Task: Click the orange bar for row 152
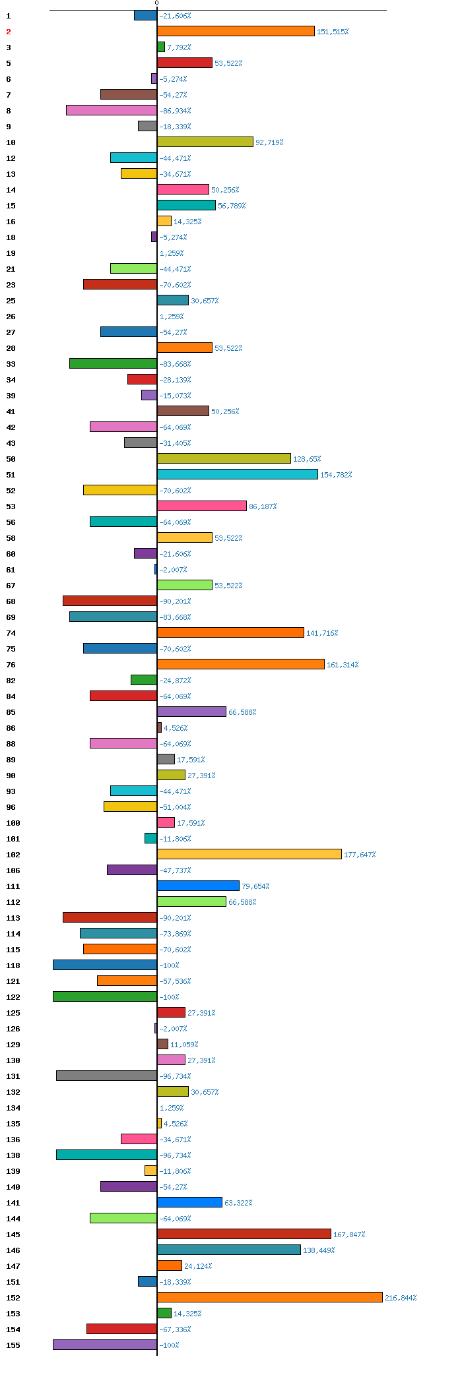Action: point(270,1297)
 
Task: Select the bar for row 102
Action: point(249,854)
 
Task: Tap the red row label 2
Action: point(9,32)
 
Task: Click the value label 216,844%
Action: point(401,1298)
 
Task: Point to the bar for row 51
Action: point(238,474)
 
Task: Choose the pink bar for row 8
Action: point(112,110)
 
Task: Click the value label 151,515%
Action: point(333,32)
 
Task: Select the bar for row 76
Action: point(241,664)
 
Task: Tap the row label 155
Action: point(13,1345)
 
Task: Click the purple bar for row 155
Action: point(105,1345)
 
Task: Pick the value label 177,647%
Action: point(360,855)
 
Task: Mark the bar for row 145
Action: point(244,1234)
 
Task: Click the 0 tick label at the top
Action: point(157,3)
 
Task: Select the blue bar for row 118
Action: point(105,965)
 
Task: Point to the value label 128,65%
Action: point(307,459)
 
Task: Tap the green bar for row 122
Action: point(105,996)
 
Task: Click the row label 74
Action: point(11,633)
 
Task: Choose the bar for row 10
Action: point(205,142)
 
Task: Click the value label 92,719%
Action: point(269,142)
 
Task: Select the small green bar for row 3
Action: point(161,47)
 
